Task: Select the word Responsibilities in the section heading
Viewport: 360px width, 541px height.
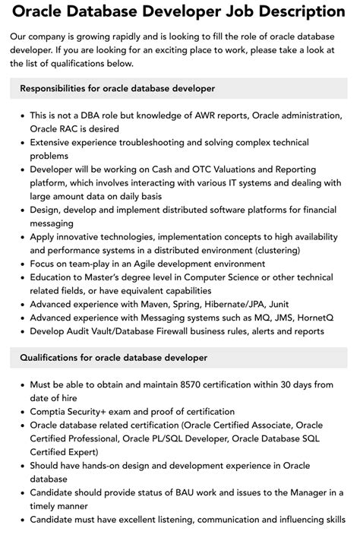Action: pyautogui.click(x=57, y=88)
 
